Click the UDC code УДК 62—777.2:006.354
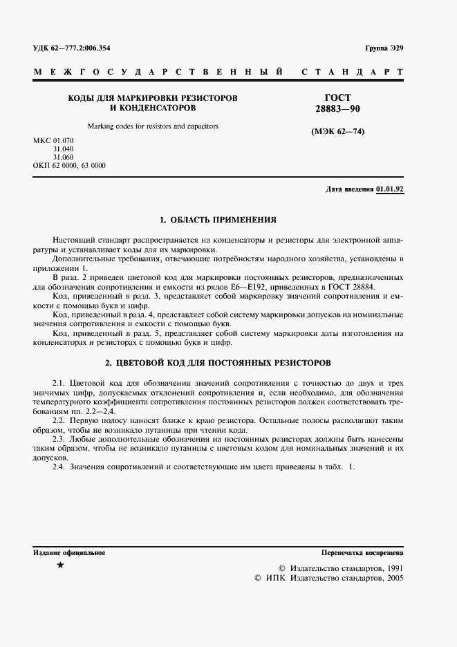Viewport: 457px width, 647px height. (x=71, y=48)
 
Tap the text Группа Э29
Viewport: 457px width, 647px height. (x=384, y=48)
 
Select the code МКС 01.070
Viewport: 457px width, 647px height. (x=53, y=141)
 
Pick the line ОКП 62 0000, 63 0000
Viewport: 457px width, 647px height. (x=69, y=166)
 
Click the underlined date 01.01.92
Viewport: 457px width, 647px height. (x=391, y=189)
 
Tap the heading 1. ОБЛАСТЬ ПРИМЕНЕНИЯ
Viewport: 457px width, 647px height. (x=218, y=220)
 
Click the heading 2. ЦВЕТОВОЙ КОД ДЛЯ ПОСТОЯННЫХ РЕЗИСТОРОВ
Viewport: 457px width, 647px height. (x=218, y=362)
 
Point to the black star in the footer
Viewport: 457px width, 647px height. (x=60, y=565)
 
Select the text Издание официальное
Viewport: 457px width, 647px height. (x=69, y=552)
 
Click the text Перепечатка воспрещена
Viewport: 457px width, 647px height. (x=362, y=552)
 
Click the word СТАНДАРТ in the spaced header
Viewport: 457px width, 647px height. (x=353, y=72)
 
